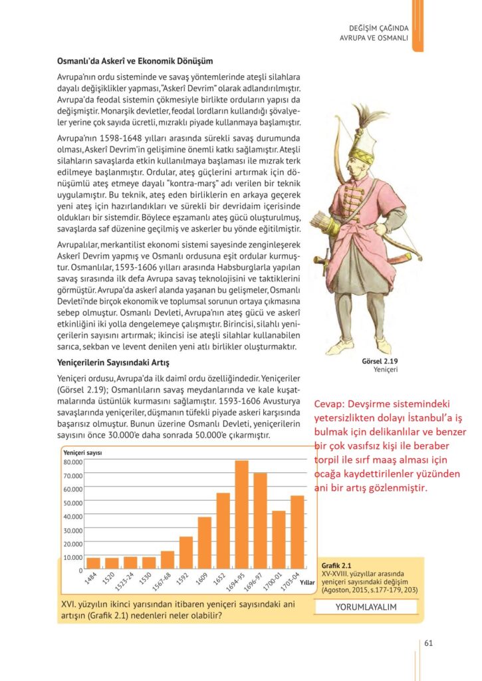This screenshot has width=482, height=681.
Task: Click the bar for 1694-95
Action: click(241, 515)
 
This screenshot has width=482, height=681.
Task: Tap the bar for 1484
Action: click(94, 563)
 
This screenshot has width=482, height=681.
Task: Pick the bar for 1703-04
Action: click(297, 532)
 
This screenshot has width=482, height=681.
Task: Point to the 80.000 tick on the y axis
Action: click(72, 462)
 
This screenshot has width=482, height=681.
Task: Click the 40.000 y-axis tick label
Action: click(72, 516)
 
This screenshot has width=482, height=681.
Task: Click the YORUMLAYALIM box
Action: click(366, 607)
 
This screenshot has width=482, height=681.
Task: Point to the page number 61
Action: click(429, 642)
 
